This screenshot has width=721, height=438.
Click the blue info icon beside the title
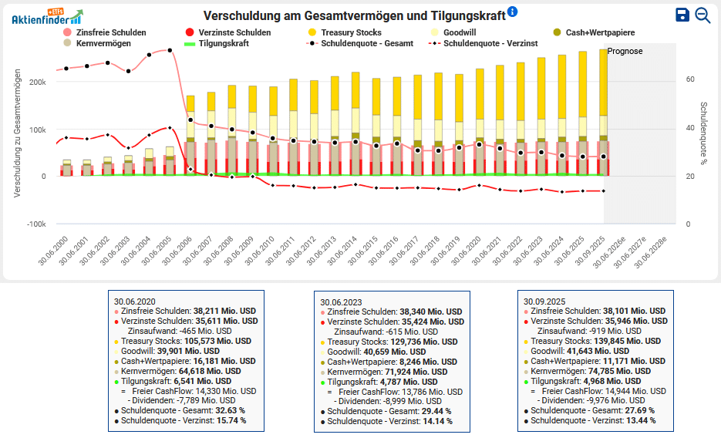[513, 12]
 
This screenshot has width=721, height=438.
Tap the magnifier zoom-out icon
[702, 15]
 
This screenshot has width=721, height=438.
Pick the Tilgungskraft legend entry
[222, 44]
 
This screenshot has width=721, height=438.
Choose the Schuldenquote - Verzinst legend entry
[492, 44]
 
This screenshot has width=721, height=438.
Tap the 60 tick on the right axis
[690, 79]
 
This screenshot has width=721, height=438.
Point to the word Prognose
[625, 51]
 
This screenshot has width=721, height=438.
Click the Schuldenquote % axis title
[704, 133]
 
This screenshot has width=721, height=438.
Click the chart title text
[354, 15]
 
